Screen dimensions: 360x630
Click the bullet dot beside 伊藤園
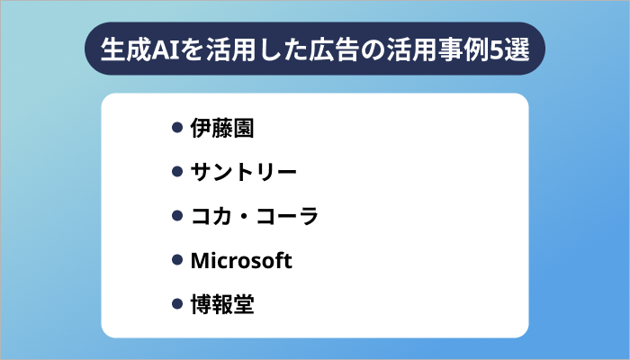tap(178, 129)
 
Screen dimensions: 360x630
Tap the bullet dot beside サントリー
tap(178, 173)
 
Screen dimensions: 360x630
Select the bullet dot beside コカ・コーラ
tap(178, 217)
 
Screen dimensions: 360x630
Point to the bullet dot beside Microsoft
tap(178, 261)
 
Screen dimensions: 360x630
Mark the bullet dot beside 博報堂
tap(178, 305)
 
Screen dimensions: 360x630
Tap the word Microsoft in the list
tap(242, 261)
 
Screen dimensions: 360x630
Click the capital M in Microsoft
tap(200, 261)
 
